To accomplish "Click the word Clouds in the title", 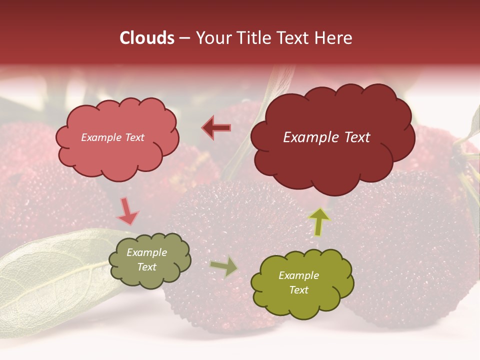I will (x=146, y=38).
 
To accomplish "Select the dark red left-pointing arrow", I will (x=216, y=128).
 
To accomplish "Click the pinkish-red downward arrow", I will (x=127, y=211).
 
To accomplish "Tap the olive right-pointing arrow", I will (x=224, y=266).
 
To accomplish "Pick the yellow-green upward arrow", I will (x=319, y=221).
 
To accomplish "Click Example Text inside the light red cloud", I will (x=112, y=137).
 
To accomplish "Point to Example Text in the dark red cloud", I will (x=326, y=137).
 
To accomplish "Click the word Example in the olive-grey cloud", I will (x=146, y=252).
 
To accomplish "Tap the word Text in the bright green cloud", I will (x=298, y=290).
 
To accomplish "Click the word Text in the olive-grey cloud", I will (x=146, y=267).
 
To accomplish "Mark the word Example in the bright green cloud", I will (x=298, y=275).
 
